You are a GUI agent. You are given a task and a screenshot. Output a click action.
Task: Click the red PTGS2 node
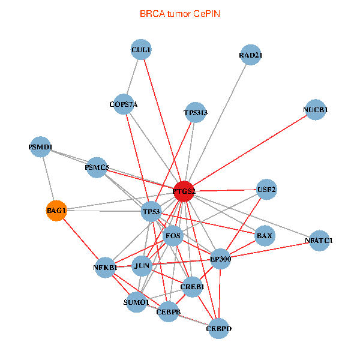pyautogui.click(x=184, y=191)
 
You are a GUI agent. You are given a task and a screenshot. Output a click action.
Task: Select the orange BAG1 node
pyautogui.click(x=56, y=211)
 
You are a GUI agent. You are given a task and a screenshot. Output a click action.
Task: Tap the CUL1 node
pyautogui.click(x=141, y=49)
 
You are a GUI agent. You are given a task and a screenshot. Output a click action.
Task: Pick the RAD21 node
pyautogui.click(x=250, y=55)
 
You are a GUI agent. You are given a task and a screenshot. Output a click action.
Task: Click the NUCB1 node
pyautogui.click(x=316, y=110)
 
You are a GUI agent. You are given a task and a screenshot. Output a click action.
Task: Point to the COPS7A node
pyautogui.click(x=124, y=104)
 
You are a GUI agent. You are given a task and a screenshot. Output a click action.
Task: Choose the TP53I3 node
pyautogui.click(x=196, y=112)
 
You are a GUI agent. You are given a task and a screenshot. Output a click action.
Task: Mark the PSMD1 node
pyautogui.click(x=40, y=147)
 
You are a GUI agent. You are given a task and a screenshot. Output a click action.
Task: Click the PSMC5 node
pyautogui.click(x=97, y=167)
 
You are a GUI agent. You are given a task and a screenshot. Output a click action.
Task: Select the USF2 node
pyautogui.click(x=266, y=190)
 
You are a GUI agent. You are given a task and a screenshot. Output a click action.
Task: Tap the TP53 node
pyautogui.click(x=151, y=212)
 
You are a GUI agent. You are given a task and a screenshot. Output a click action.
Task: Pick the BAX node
pyautogui.click(x=265, y=236)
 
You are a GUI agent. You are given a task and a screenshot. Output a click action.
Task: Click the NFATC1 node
pyautogui.click(x=319, y=241)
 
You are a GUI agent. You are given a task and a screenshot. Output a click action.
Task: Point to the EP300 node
pyautogui.click(x=220, y=259)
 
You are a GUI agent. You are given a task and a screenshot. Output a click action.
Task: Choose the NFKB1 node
pyautogui.click(x=106, y=267)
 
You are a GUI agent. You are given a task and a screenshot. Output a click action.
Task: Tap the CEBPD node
pyautogui.click(x=219, y=328)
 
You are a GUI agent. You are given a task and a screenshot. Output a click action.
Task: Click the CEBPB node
pyautogui.click(x=169, y=312)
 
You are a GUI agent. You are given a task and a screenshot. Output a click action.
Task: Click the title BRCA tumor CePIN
pyautogui.click(x=179, y=13)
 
